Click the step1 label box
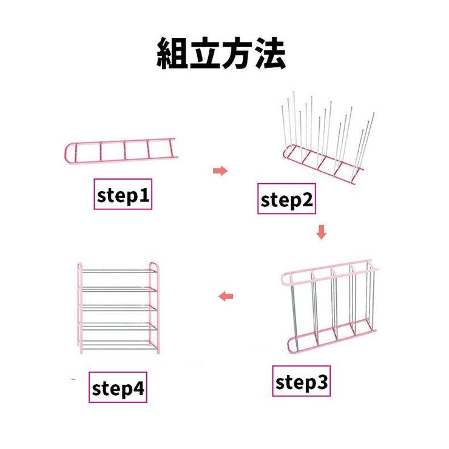click(x=123, y=195)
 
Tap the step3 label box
click(x=302, y=382)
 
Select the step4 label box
click(x=119, y=389)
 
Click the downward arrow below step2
click(x=322, y=232)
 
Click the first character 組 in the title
click(x=173, y=54)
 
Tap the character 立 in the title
click(x=205, y=54)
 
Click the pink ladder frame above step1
click(x=121, y=150)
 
